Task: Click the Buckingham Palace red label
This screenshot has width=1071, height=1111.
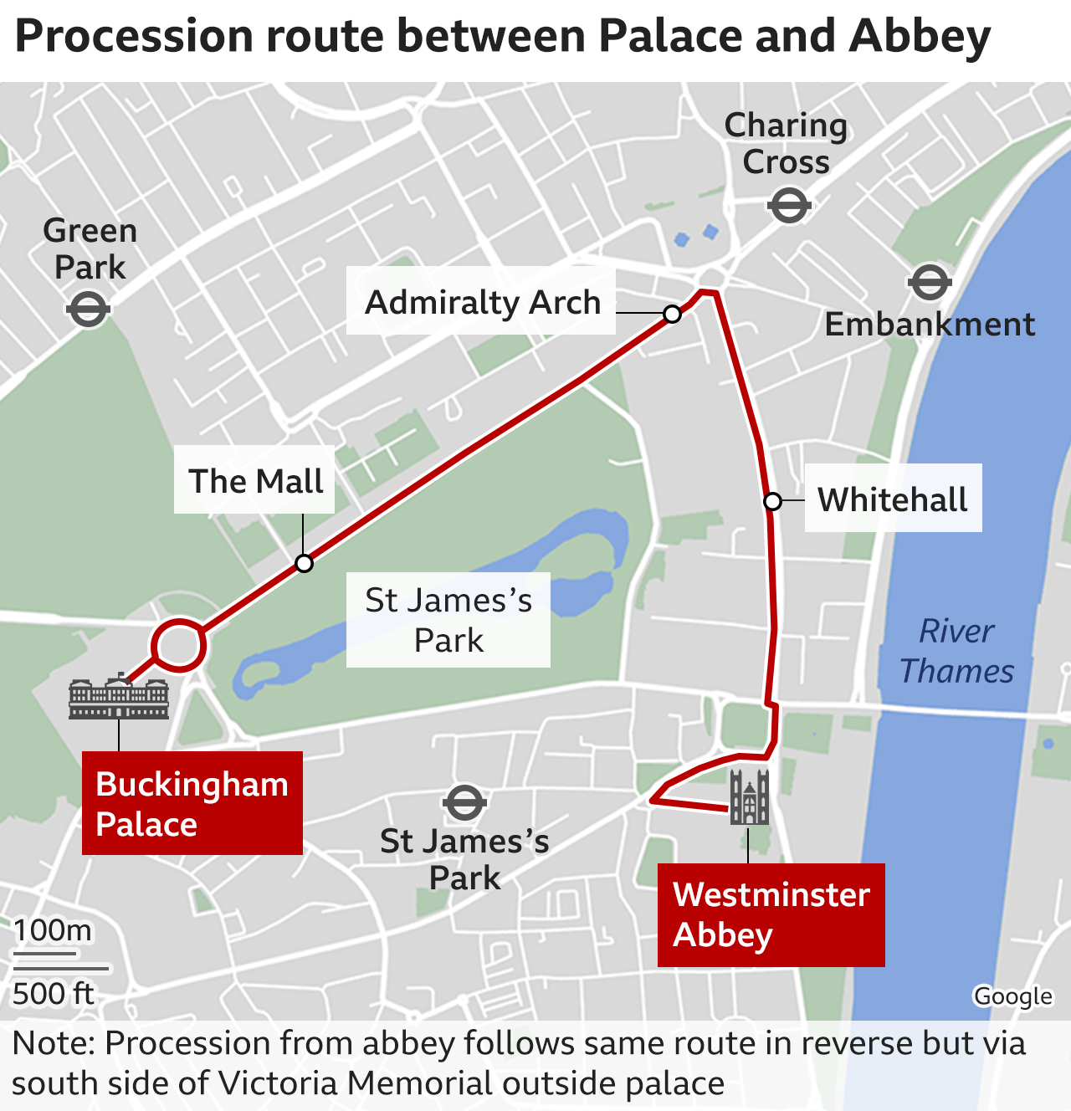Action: [192, 803]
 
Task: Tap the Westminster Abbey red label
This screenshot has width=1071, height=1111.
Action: [771, 914]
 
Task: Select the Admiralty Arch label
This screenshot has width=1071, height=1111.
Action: [482, 302]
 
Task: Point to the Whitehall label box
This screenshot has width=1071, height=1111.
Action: [893, 499]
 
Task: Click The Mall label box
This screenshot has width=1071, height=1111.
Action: [254, 481]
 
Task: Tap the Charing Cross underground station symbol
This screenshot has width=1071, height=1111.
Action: [789, 205]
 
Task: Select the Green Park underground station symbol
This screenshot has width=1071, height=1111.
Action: [88, 310]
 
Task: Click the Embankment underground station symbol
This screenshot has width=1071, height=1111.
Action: [930, 283]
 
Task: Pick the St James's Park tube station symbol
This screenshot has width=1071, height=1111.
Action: [464, 803]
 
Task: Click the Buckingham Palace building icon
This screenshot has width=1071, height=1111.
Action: [119, 699]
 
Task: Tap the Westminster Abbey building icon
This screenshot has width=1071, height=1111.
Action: [749, 796]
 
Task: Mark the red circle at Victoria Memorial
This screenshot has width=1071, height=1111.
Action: [178, 645]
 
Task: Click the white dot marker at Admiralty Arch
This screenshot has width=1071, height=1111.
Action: [672, 314]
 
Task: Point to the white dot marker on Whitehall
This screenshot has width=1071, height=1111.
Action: [773, 501]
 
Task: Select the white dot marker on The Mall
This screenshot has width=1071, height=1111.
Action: [305, 563]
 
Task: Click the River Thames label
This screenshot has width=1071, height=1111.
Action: [956, 651]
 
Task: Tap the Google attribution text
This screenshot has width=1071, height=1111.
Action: [1012, 996]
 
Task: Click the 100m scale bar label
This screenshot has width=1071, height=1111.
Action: [52, 930]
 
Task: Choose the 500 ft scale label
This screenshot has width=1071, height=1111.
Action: [53, 994]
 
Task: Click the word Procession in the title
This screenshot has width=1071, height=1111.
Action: [135, 37]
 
